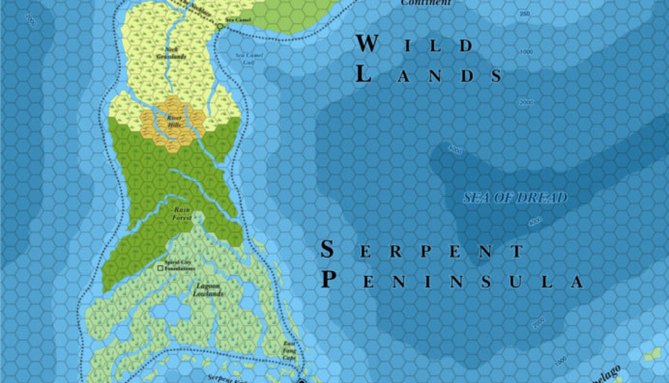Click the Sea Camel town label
click(237, 20)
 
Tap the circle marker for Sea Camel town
click(220, 26)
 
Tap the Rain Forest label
click(182, 215)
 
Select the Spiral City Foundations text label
click(179, 265)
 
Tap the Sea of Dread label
click(515, 198)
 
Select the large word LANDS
click(428, 74)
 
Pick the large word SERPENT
click(422, 251)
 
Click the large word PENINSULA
click(452, 281)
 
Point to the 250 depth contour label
click(524, 14)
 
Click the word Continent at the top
click(426, 3)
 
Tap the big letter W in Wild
click(367, 44)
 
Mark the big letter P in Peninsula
click(329, 280)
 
